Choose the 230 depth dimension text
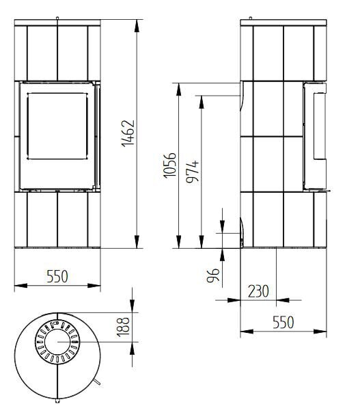click(258, 291)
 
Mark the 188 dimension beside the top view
click(123, 327)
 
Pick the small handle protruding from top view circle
click(98, 379)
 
